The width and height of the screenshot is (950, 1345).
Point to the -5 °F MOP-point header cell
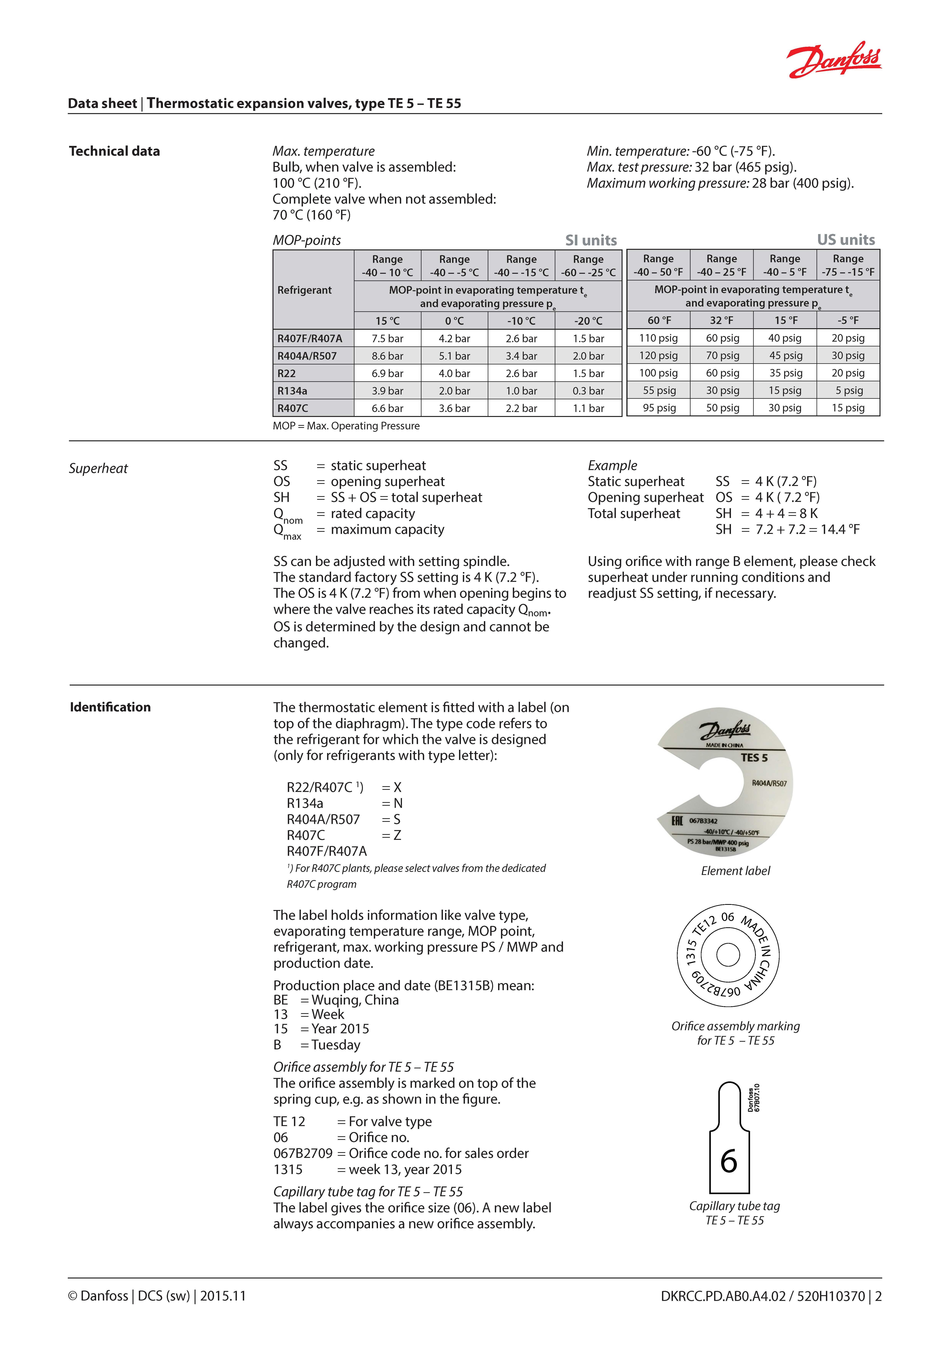coord(848,320)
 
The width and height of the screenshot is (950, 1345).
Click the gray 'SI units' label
coord(591,240)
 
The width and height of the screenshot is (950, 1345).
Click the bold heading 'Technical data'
coord(114,151)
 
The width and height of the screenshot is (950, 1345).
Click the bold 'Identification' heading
coord(110,707)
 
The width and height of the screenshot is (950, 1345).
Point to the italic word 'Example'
coord(612,466)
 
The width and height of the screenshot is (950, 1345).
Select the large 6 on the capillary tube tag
coord(729,1162)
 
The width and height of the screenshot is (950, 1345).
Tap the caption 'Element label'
coord(735,871)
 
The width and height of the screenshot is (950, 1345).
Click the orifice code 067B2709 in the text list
coord(303,1153)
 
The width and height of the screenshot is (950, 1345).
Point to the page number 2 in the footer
coord(878,1296)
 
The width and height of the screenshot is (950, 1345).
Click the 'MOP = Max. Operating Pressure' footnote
coord(346,426)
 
